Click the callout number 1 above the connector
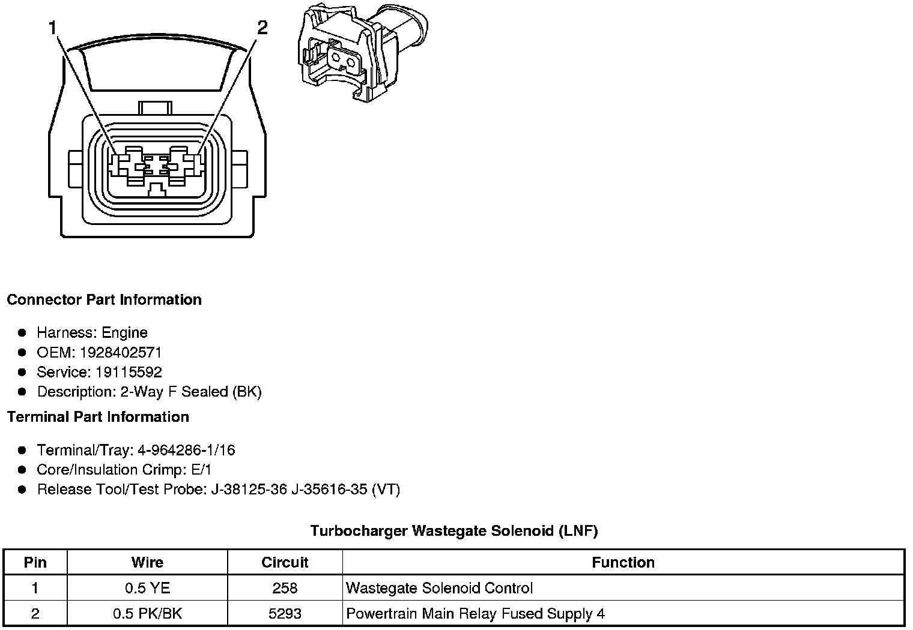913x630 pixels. click(53, 28)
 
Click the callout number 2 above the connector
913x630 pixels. click(262, 28)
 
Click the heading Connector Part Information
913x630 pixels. click(105, 299)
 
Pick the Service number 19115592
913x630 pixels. click(129, 372)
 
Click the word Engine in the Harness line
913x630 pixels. click(124, 332)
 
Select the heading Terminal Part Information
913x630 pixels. click(98, 416)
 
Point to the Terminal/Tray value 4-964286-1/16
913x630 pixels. click(186, 450)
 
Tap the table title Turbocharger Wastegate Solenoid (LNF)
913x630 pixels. click(454, 530)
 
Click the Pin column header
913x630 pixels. click(35, 562)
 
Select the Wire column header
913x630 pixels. click(147, 562)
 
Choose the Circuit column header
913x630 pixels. click(285, 562)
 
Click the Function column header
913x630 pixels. click(623, 562)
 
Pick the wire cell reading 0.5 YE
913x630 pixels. click(147, 588)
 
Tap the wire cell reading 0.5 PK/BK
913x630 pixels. click(147, 613)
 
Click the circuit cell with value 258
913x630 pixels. click(285, 588)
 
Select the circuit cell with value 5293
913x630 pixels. click(285, 613)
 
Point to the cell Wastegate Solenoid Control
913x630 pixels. click(440, 588)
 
